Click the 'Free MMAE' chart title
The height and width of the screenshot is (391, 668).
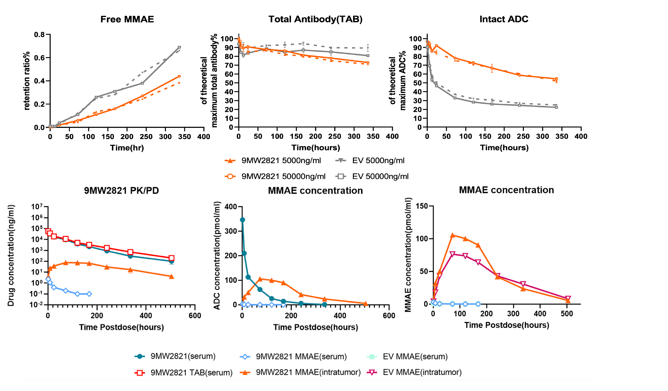[x=127, y=19]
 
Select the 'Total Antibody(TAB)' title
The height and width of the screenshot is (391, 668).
[x=315, y=19]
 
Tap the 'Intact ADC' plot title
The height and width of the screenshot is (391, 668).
[x=504, y=19]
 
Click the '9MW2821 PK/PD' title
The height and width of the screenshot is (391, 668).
[x=121, y=190]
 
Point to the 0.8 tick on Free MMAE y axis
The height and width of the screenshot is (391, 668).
[x=39, y=35]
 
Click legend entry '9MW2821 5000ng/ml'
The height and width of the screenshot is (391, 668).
[x=281, y=161]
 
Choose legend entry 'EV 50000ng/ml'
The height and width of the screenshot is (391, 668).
[x=380, y=176]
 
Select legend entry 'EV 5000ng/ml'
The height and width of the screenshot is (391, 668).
[x=378, y=161]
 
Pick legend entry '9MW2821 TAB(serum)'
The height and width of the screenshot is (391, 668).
[x=191, y=372]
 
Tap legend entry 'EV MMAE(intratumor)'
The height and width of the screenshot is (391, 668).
[x=422, y=372]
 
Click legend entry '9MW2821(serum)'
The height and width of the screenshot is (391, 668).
[x=183, y=356]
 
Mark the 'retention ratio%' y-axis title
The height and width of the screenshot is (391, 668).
[x=27, y=81]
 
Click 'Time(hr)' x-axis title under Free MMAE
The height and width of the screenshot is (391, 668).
[x=127, y=148]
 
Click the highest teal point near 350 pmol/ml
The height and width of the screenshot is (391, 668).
[x=242, y=220]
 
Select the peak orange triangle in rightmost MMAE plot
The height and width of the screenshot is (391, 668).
[x=452, y=235]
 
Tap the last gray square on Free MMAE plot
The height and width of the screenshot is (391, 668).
[x=179, y=47]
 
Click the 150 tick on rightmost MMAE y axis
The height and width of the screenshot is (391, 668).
[x=422, y=206]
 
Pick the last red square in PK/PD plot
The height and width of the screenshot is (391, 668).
[x=172, y=258]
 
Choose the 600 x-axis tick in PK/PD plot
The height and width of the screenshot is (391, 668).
[x=195, y=316]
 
